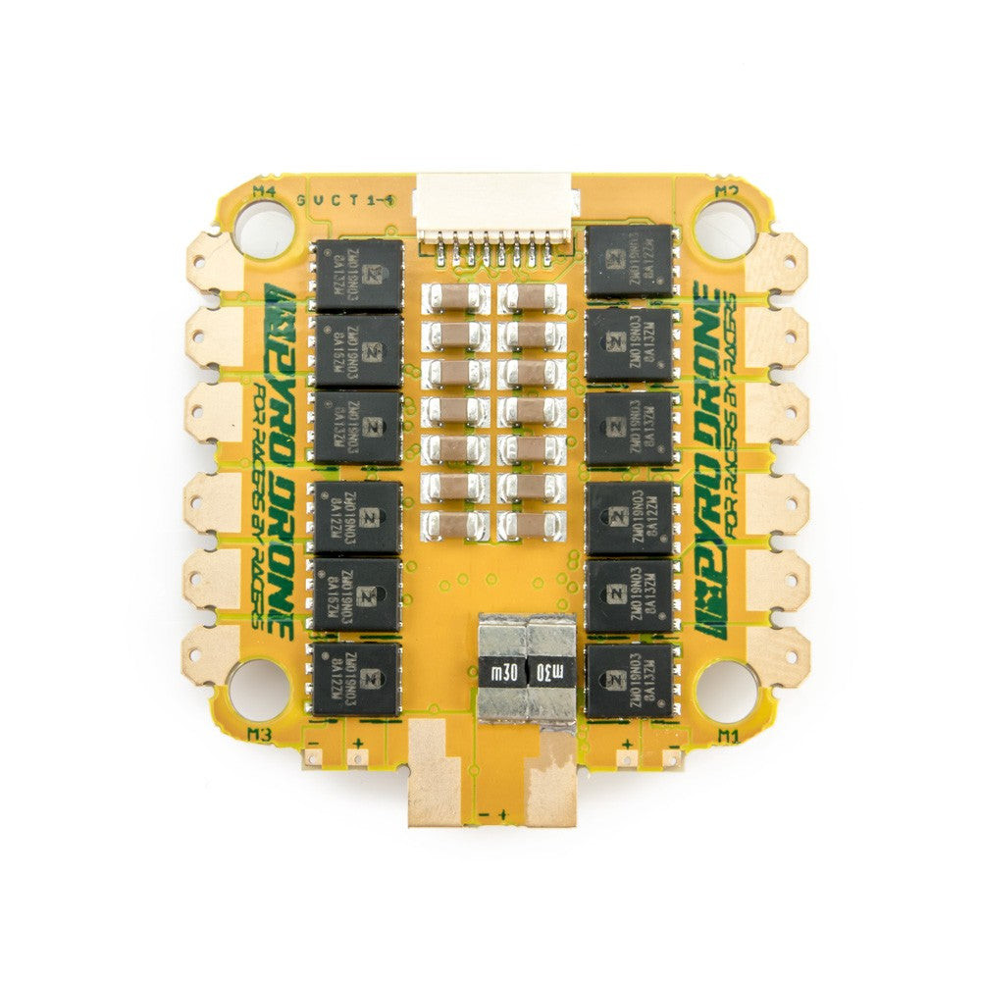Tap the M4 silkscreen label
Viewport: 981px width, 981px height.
point(264,191)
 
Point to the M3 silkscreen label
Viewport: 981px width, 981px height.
point(260,733)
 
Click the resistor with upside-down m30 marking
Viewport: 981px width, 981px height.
point(504,673)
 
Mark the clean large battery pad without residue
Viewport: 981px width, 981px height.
point(433,775)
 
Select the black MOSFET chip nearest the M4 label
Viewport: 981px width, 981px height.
point(358,276)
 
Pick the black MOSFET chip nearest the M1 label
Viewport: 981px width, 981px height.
point(628,679)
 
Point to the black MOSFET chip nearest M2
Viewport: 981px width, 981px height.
point(629,261)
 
